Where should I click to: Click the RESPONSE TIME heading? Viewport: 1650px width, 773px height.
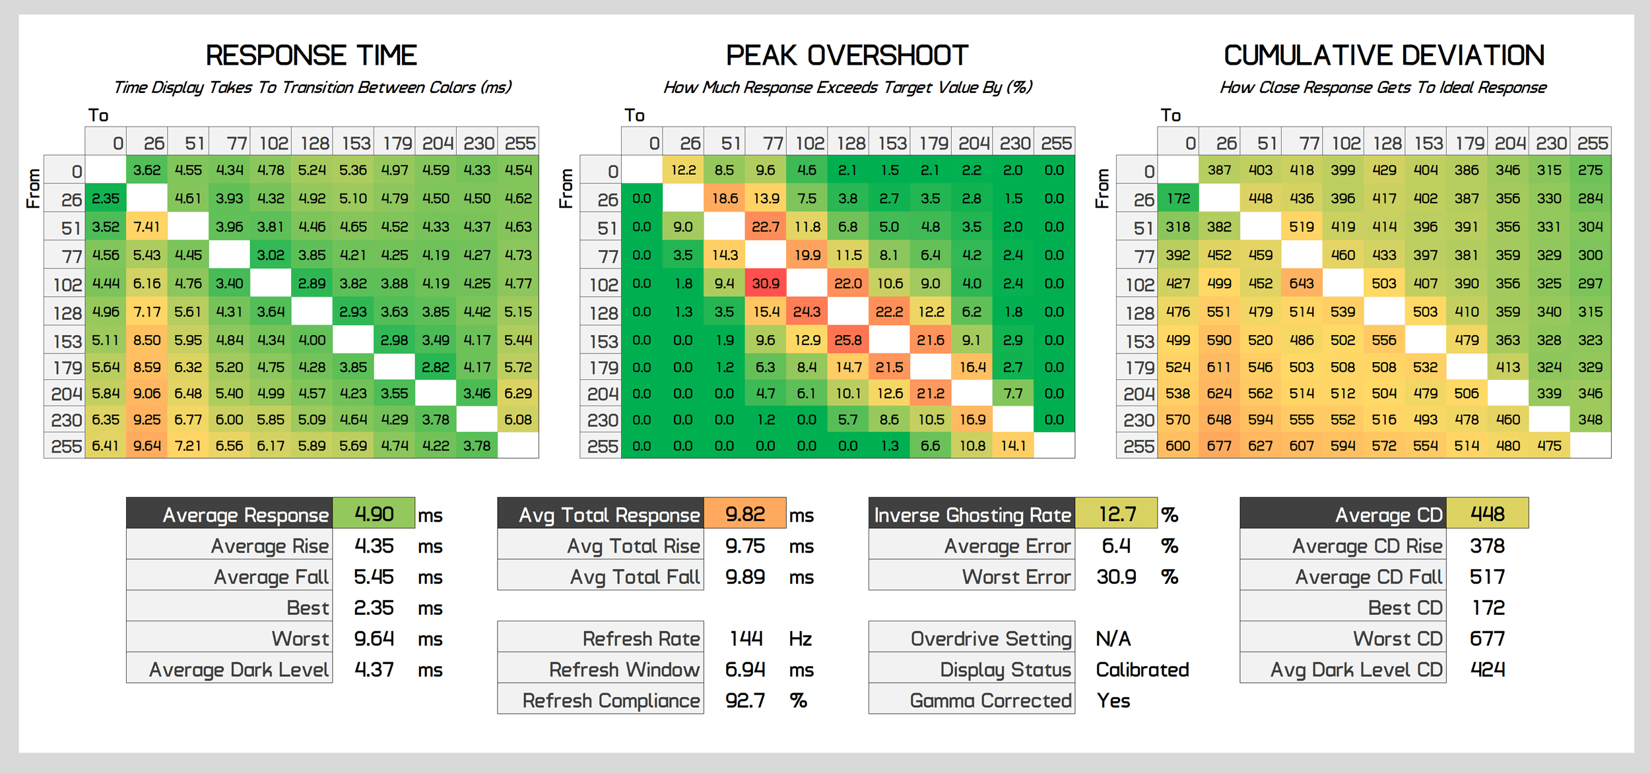click(x=311, y=55)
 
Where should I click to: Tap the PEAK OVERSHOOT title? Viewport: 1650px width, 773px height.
click(x=847, y=55)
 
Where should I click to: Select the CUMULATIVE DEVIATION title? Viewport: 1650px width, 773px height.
click(x=1383, y=55)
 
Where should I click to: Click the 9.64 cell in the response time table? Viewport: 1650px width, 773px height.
click(x=147, y=446)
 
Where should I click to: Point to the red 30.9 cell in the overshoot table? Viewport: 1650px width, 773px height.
click(x=766, y=284)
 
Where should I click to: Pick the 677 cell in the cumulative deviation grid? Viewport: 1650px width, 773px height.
click(x=1219, y=446)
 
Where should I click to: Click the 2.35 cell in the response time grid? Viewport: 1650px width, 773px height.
click(x=106, y=199)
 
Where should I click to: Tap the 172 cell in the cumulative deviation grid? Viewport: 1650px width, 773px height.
click(x=1178, y=199)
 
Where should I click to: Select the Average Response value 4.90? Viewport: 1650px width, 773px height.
click(x=374, y=514)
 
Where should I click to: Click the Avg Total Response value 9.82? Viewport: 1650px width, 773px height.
click(x=745, y=514)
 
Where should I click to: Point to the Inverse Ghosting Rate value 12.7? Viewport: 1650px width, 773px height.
click(x=1117, y=514)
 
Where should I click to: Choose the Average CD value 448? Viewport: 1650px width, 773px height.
click(x=1488, y=514)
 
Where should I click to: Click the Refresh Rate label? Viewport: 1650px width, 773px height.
click(x=641, y=638)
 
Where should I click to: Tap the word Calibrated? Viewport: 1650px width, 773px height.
click(x=1142, y=669)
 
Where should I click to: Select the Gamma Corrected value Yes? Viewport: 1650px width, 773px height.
click(x=1113, y=700)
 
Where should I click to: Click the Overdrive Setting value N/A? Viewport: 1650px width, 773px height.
click(x=1113, y=638)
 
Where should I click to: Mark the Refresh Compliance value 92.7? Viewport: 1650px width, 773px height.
click(x=745, y=700)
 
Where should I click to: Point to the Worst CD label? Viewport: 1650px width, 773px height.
click(x=1397, y=638)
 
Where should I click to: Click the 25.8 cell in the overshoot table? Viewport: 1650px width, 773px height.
click(x=848, y=340)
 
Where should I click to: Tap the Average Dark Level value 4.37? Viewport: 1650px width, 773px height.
click(x=374, y=669)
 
